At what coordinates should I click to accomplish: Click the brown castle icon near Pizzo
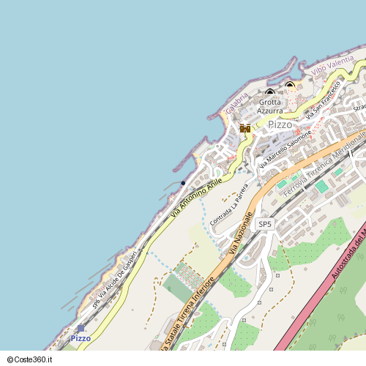pos(245,128)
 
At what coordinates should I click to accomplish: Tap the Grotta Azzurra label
pos(269,106)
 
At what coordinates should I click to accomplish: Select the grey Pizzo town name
pos(280,124)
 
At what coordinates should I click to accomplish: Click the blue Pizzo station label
pos(81,338)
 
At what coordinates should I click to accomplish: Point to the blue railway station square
pos(80,329)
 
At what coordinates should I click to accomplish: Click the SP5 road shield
pos(265,224)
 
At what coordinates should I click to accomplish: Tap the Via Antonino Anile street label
pos(196,198)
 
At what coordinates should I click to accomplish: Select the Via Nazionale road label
pos(243,234)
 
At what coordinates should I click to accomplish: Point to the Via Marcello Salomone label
pos(288,148)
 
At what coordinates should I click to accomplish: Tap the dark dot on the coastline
pos(183,183)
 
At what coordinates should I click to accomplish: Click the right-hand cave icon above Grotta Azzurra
pos(290,85)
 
